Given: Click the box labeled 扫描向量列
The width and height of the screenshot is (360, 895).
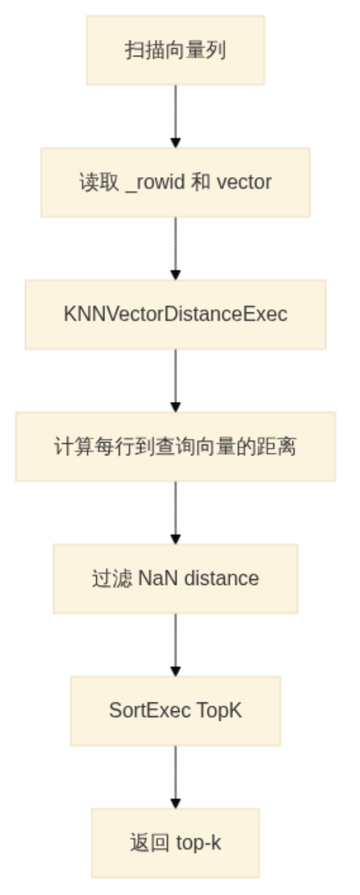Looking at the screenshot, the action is (176, 51).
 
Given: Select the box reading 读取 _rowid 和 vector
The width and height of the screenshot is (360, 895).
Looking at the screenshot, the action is (176, 182).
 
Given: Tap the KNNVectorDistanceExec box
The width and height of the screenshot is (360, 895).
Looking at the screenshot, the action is (176, 314).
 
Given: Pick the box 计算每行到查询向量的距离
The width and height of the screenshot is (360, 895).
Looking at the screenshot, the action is (176, 447).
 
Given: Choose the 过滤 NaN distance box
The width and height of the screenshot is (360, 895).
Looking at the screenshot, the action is (176, 578).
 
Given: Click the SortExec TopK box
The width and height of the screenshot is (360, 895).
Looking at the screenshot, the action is (176, 711).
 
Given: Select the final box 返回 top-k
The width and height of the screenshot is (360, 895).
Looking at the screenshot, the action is (176, 843).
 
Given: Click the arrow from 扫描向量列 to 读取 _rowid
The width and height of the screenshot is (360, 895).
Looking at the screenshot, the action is (176, 116).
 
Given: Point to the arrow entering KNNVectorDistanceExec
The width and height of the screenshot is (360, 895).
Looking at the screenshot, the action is (176, 248).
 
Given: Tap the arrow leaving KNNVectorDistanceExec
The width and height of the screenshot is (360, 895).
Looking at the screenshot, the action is (176, 381).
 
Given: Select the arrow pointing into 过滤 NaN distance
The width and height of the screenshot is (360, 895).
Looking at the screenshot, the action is (176, 513).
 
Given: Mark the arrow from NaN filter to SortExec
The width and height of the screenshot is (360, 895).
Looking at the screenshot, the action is (176, 645).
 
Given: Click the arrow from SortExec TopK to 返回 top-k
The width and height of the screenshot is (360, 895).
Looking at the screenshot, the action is (176, 777).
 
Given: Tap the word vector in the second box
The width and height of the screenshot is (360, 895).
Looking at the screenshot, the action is (244, 182).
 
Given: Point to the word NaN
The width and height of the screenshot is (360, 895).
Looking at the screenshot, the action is (158, 578).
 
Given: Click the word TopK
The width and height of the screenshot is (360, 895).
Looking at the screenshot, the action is (220, 711).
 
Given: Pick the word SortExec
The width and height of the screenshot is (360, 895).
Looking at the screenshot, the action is (149, 711).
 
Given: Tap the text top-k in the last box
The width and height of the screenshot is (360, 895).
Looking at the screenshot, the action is (198, 844).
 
